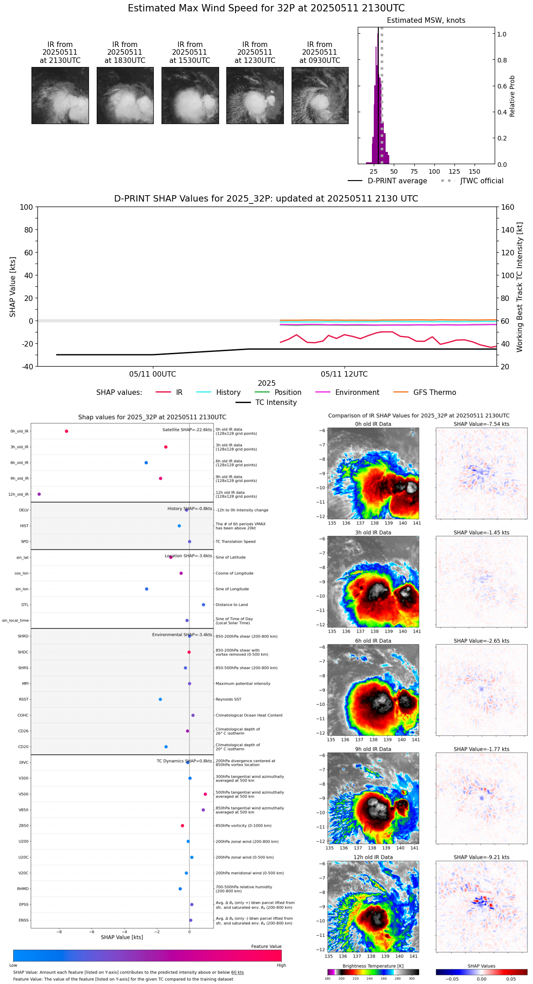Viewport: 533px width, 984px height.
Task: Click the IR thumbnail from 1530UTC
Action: click(190, 95)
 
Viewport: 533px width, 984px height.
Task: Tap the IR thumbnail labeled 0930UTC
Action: click(319, 95)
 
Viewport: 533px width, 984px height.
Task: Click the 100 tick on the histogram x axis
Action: click(434, 171)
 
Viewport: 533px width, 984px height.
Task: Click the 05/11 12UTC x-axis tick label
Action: click(344, 374)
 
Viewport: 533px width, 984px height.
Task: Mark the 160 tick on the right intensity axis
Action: click(507, 207)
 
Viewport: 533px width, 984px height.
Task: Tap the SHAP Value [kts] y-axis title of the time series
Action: click(13, 287)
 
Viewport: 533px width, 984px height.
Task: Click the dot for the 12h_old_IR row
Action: click(39, 494)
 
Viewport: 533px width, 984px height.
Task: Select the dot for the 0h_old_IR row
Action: click(67, 431)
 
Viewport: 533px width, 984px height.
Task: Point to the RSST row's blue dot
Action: click(160, 699)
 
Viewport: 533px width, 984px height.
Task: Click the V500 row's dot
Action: click(205, 794)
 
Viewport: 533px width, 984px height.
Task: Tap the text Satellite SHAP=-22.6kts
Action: click(187, 430)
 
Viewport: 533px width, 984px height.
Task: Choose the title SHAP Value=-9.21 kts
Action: click(481, 858)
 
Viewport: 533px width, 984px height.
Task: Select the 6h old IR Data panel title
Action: click(373, 641)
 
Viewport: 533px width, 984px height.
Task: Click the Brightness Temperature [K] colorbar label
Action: click(373, 966)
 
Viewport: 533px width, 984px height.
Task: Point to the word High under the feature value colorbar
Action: click(281, 965)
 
